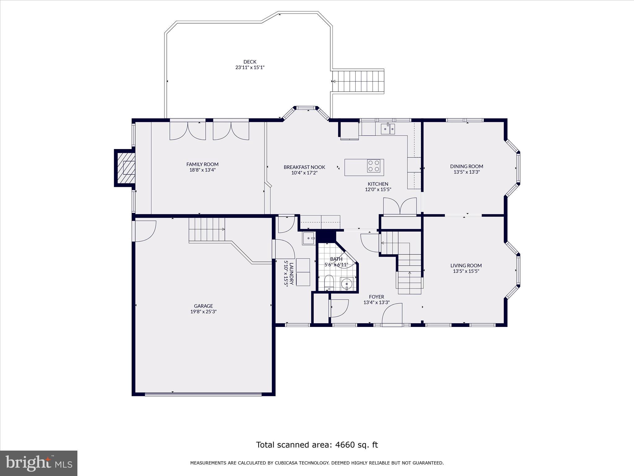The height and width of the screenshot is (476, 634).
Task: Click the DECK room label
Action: point(250,62)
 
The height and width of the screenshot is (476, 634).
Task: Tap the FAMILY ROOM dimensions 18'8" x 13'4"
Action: point(202,170)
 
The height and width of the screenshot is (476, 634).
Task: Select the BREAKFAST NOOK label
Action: point(304,167)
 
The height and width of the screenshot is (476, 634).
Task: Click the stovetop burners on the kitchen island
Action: point(374,166)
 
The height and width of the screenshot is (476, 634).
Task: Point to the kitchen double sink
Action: point(388,128)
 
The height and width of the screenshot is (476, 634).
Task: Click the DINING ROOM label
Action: point(467,166)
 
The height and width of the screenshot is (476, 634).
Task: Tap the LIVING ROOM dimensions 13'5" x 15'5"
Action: point(466,271)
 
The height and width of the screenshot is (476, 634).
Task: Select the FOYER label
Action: point(376,297)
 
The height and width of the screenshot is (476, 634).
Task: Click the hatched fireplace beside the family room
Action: point(126,168)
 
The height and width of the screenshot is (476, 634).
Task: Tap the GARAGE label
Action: point(203,306)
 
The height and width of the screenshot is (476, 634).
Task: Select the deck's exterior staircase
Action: point(358,81)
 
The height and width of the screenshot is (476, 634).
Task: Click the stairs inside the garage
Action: point(207,229)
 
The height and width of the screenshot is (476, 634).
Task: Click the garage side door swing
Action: point(145,231)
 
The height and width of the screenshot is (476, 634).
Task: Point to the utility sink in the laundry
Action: point(309,238)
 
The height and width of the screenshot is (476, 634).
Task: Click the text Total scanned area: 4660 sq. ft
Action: point(317,445)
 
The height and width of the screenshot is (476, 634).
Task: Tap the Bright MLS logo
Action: point(39,463)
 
